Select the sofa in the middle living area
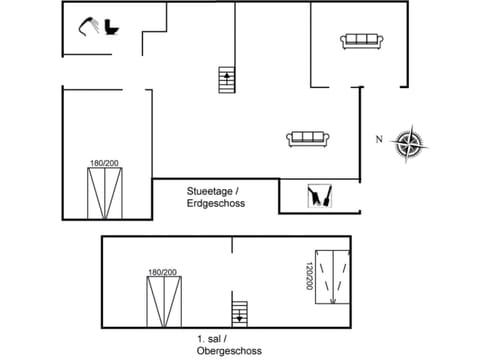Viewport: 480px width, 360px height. coord(309,139)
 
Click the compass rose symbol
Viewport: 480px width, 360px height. coord(409,142)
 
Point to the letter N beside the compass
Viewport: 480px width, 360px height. coord(379,139)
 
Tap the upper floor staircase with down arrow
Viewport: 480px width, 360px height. coord(239,314)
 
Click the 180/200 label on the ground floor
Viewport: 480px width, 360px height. coord(105,163)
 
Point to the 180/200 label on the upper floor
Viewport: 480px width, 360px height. coord(162,272)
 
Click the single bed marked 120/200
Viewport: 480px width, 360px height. coord(332,274)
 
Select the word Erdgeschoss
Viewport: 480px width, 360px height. coord(216,203)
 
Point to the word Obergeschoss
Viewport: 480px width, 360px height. coord(229,351)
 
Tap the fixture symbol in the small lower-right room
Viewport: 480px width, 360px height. coord(320,196)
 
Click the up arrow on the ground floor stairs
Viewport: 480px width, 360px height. coord(227,76)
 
